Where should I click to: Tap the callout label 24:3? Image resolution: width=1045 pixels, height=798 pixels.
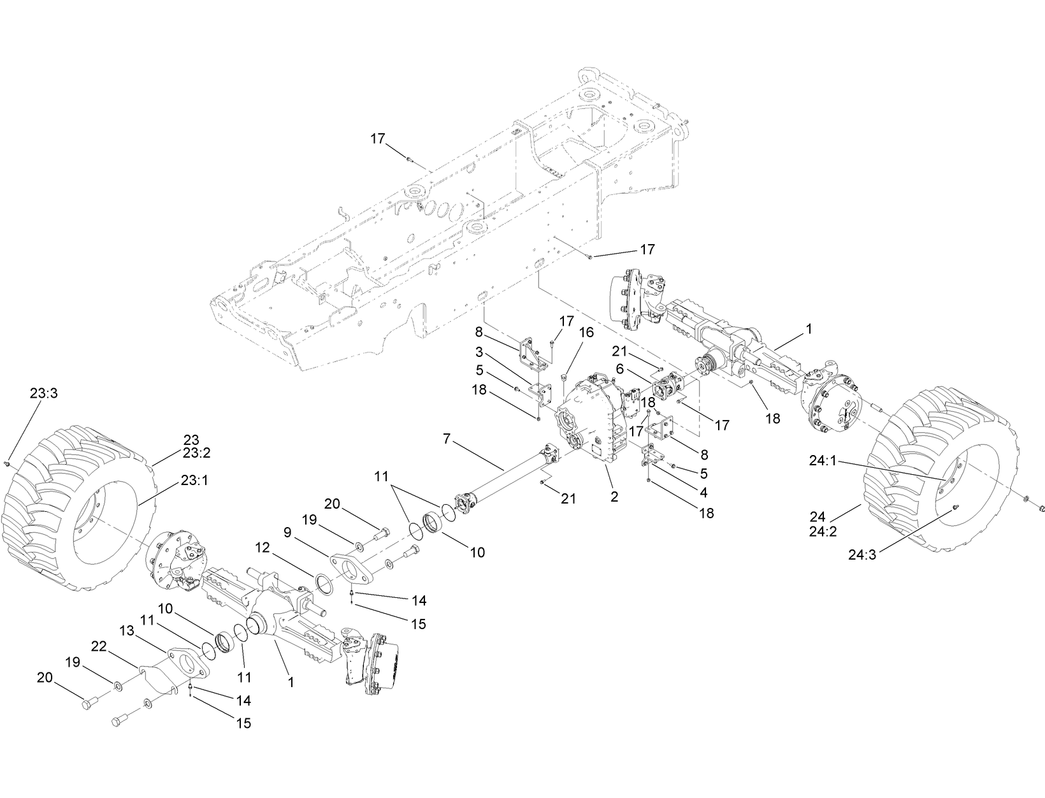click(x=862, y=555)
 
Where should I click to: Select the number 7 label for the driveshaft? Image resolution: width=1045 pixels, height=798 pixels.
click(x=446, y=439)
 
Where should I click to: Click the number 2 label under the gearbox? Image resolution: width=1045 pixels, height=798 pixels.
click(x=614, y=497)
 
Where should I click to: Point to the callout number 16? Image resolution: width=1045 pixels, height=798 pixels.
click(x=586, y=332)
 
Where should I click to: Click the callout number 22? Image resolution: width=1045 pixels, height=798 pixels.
click(x=99, y=646)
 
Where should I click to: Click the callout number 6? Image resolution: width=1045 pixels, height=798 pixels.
click(x=620, y=368)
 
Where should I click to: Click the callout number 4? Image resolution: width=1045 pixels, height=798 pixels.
click(x=704, y=493)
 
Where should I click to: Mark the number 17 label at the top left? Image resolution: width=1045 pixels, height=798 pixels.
click(x=378, y=138)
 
